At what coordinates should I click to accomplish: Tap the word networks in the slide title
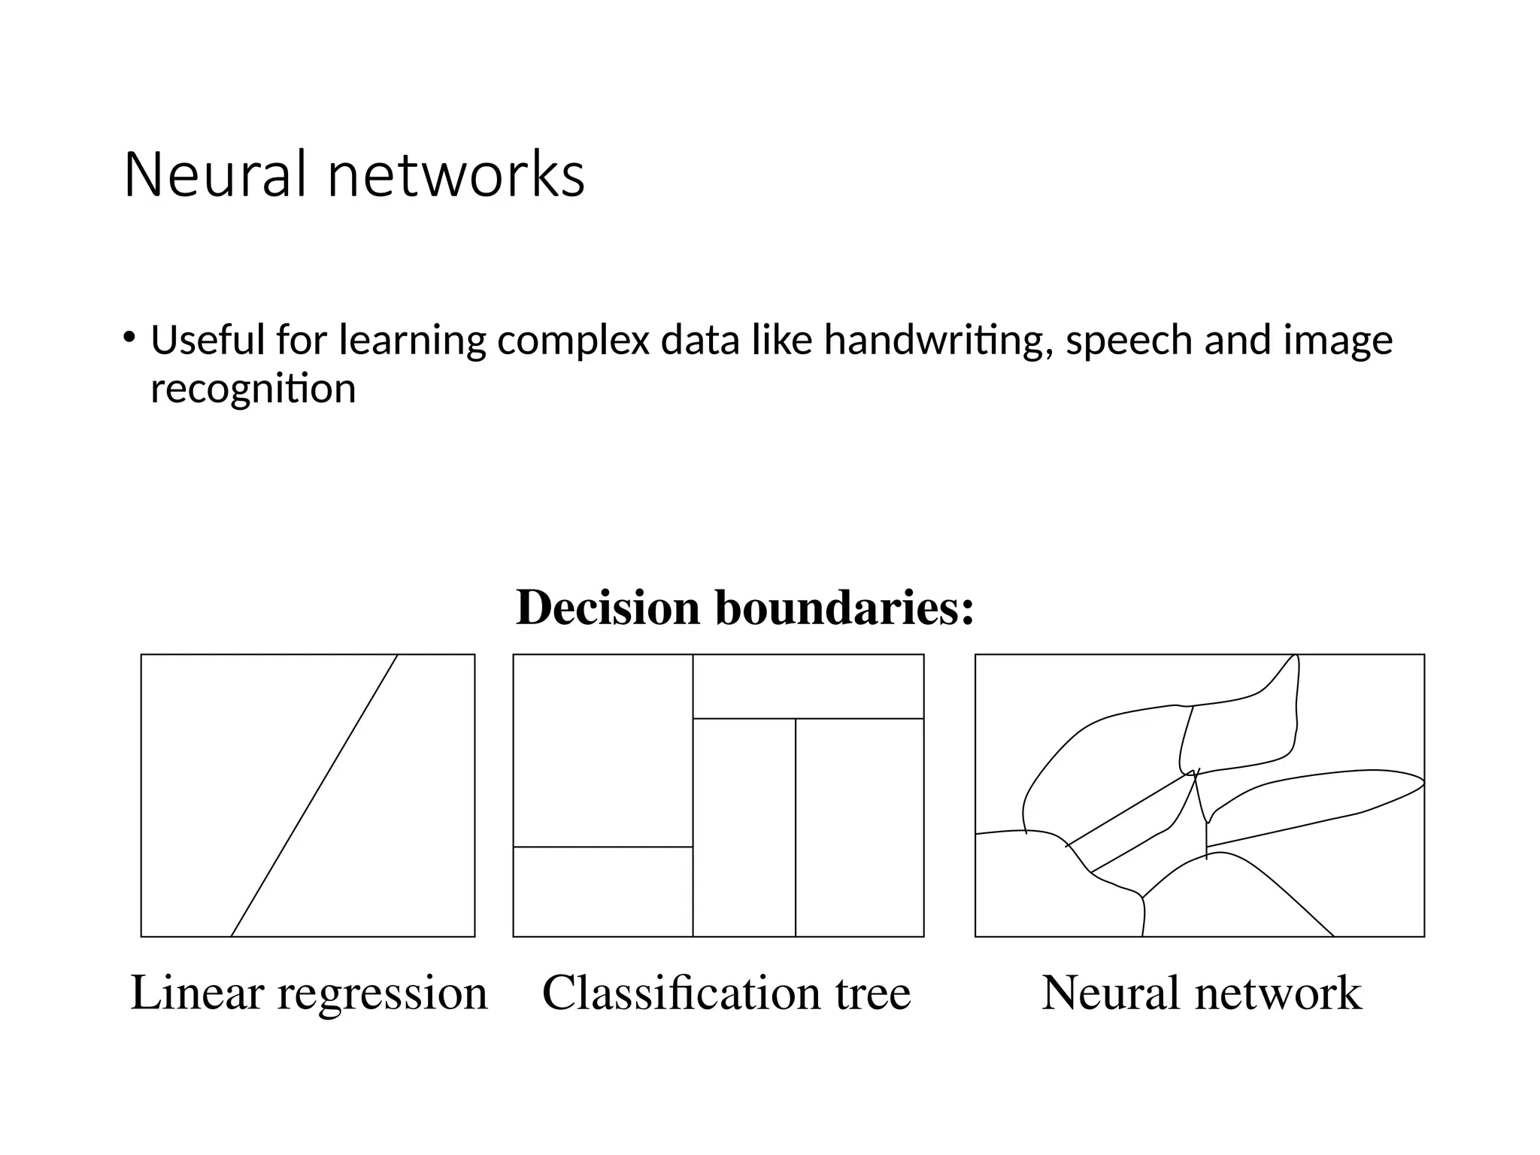click(456, 175)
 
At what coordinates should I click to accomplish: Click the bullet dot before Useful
click(129, 336)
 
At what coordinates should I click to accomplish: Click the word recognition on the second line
click(253, 390)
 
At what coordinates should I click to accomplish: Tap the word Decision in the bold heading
click(608, 608)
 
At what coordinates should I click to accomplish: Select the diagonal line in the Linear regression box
click(314, 796)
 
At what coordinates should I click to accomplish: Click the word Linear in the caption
click(197, 993)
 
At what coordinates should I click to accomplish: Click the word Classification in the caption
click(681, 993)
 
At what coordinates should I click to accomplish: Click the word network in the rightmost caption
click(1278, 993)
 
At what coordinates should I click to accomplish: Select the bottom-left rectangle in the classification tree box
click(602, 891)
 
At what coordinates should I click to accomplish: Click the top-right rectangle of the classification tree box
click(808, 686)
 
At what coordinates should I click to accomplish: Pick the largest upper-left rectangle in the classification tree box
click(602, 750)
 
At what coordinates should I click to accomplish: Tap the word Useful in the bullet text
click(208, 340)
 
